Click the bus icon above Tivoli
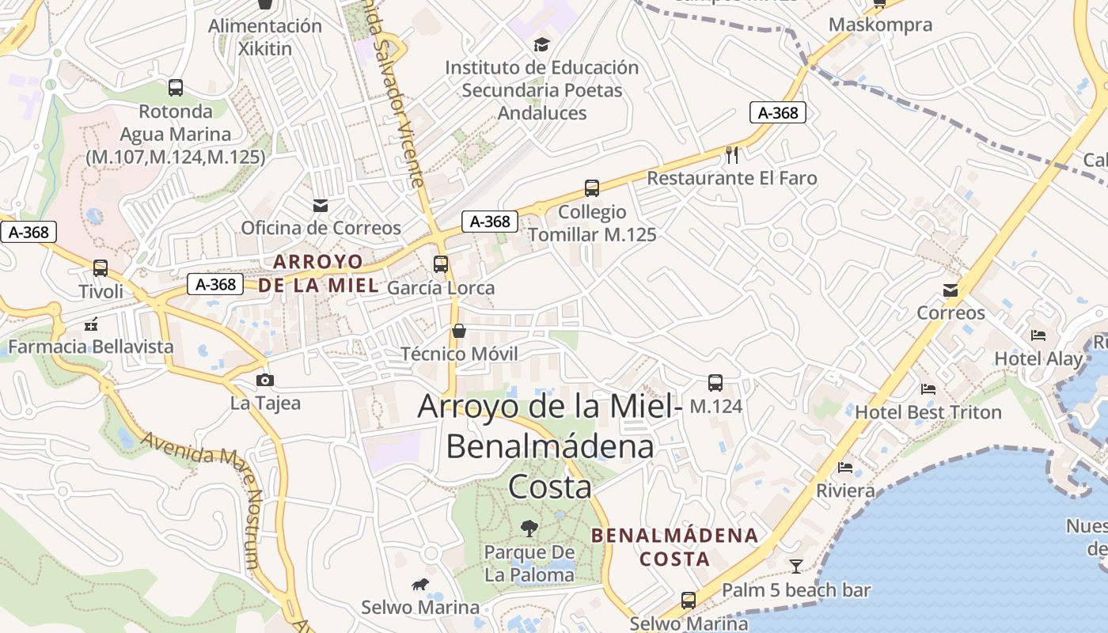pos(100,268)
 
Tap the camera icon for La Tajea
pos(265,381)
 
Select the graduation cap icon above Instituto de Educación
pos(541,44)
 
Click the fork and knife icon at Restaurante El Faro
pos(732,154)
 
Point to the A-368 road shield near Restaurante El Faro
pos(778,113)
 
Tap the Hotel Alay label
pos(1038,358)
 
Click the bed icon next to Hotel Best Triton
pos(928,389)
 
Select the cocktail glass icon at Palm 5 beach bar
pos(795,566)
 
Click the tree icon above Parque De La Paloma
pos(529,528)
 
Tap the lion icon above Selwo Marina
pos(420,585)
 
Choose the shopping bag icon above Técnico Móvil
pos(459,330)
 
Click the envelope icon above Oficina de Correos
pos(321,206)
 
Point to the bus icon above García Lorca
pos(441,264)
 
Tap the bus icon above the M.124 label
pos(715,383)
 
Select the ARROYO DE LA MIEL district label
pos(318,273)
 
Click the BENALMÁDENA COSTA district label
pos(675,547)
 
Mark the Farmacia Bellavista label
pos(91,347)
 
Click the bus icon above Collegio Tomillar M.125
pos(592,188)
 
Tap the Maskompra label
pos(880,25)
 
